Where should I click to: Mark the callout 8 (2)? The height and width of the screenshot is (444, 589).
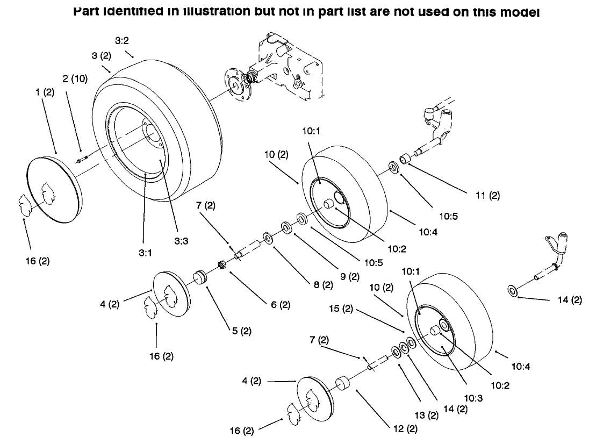(x=323, y=284)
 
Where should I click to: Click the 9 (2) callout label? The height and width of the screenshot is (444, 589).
(x=349, y=277)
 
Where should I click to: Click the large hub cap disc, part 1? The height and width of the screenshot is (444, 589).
(x=54, y=188)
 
